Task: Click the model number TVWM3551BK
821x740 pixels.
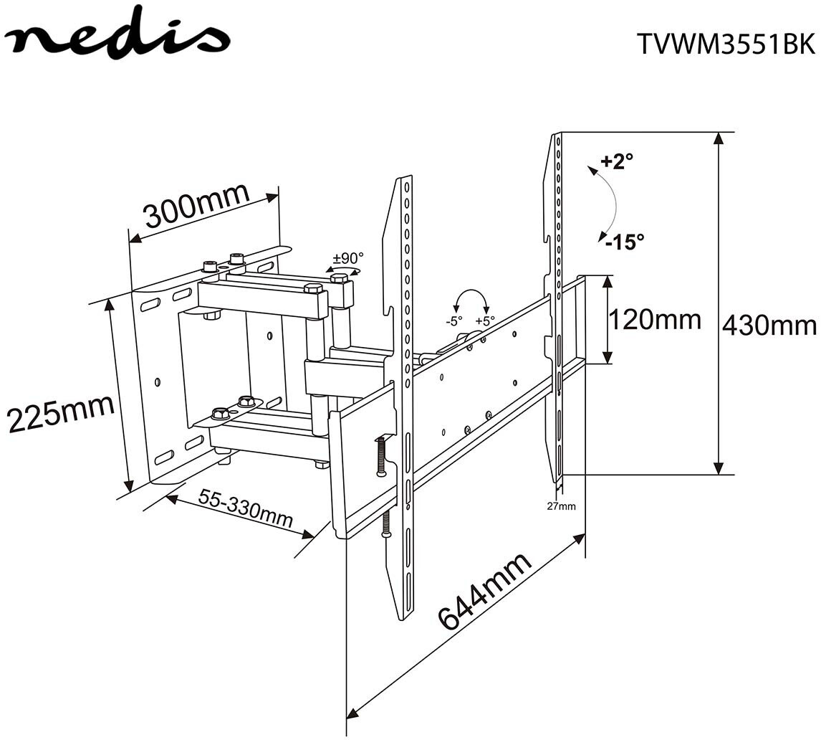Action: tap(725, 44)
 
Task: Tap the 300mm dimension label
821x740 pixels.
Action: tap(196, 204)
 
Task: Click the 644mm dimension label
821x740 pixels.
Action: tap(484, 590)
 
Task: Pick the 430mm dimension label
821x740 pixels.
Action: tap(769, 326)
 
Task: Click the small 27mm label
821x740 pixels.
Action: tap(561, 506)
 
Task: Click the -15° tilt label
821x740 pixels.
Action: tap(623, 242)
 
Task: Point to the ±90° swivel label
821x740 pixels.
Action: tap(348, 257)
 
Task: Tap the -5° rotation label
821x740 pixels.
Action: tap(453, 321)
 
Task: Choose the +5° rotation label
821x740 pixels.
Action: tap(485, 321)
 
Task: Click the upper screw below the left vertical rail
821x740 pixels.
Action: tap(380, 457)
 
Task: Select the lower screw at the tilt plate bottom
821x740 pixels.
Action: tap(387, 525)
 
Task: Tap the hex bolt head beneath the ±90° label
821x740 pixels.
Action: tap(339, 277)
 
